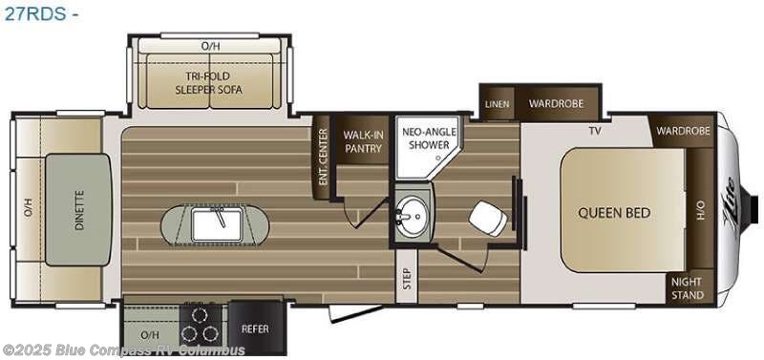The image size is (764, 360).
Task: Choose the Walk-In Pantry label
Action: click(x=363, y=141)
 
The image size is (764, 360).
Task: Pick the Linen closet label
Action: click(x=497, y=103)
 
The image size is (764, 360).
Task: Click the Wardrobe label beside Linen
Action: click(x=552, y=103)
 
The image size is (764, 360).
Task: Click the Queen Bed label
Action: click(x=607, y=212)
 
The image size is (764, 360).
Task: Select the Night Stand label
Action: click(x=687, y=288)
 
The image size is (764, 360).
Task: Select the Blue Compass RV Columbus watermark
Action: click(x=124, y=350)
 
